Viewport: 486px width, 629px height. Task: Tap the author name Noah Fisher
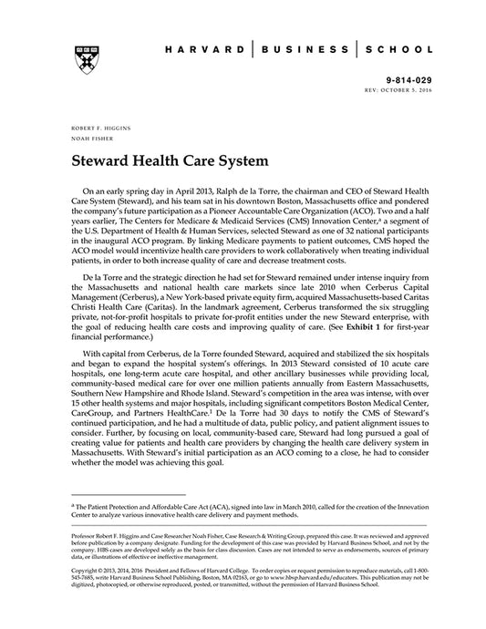[88, 139]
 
